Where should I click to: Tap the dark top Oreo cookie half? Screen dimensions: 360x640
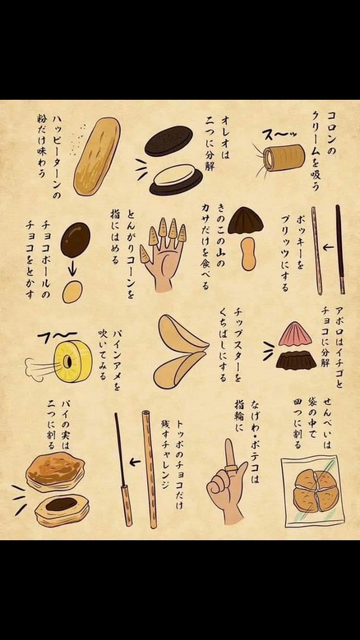[x=168, y=140]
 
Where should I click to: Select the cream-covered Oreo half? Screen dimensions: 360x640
[x=176, y=175]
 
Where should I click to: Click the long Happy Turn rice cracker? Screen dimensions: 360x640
[x=96, y=156]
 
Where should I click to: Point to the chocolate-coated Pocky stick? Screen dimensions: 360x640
[x=340, y=249]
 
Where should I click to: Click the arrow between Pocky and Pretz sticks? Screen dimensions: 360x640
[x=328, y=247]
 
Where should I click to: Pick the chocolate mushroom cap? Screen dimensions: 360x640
[x=246, y=220]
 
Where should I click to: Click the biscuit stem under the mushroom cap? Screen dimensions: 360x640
[x=248, y=254]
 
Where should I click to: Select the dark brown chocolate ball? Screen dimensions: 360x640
[x=75, y=240]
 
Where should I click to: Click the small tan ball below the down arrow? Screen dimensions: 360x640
[x=72, y=291]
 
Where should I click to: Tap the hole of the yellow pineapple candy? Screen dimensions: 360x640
[x=68, y=361]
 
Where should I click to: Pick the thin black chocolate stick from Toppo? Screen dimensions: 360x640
[x=120, y=449]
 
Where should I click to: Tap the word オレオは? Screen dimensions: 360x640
[x=225, y=138]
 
